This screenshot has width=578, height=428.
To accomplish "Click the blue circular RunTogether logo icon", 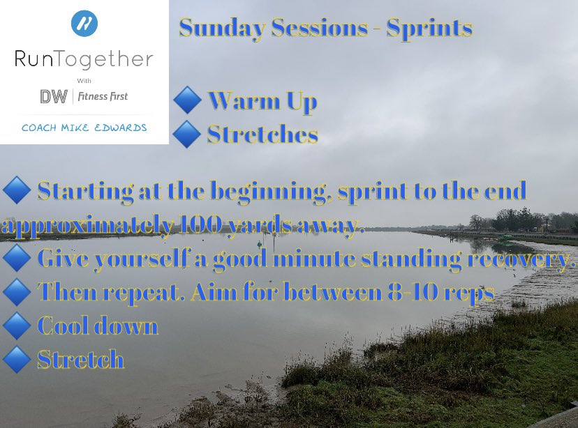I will tap(84, 23).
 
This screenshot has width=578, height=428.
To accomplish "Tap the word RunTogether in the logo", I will tap(84, 60).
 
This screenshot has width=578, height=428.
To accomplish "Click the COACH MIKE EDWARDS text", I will tap(84, 128).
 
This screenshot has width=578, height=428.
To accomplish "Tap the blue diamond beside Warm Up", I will tap(187, 101).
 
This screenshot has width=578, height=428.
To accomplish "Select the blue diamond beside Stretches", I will tap(186, 134).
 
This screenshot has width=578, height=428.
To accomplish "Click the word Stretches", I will tap(262, 134).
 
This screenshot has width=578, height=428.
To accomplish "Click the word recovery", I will tap(507, 259).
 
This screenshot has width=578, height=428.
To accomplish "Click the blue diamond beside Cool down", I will tap(16, 326).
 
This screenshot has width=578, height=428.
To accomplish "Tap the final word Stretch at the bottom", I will tap(81, 360).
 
